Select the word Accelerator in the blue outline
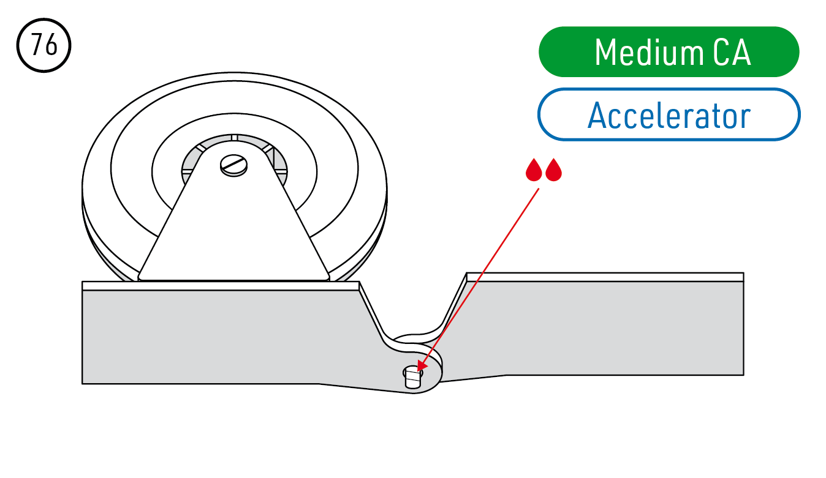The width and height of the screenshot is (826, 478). pos(669,115)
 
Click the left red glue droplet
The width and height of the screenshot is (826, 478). pos(534,171)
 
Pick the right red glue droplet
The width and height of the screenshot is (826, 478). pos(554,171)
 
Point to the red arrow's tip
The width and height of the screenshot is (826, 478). pos(419,370)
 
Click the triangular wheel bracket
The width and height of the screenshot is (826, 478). pos(233,233)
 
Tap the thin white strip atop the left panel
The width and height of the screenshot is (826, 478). pos(221,285)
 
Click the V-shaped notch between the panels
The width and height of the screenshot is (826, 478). pos(414,306)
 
